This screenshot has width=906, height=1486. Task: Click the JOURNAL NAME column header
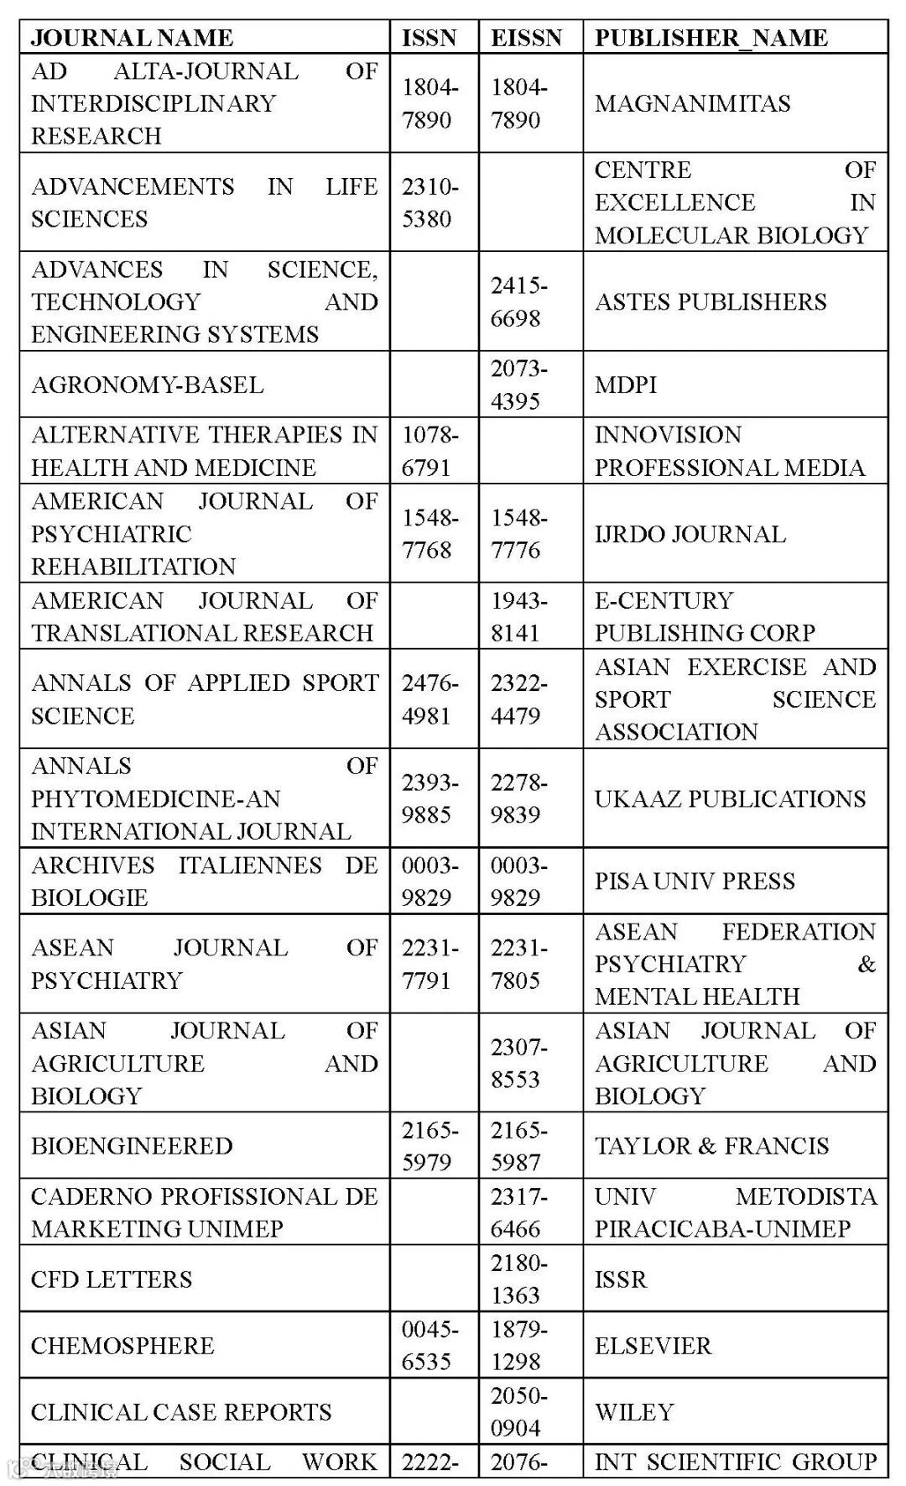132,38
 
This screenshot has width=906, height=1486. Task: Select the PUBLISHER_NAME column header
711,38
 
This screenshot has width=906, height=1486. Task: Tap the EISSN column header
526,38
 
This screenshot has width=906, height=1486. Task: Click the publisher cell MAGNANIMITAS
692,103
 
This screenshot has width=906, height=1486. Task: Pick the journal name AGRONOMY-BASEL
148,385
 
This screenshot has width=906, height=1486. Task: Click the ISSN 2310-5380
430,202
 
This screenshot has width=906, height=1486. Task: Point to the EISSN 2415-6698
518,301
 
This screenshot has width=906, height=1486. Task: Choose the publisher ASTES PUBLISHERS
711,301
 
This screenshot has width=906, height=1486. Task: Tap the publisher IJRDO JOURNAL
690,534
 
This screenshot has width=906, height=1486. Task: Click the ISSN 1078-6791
430,451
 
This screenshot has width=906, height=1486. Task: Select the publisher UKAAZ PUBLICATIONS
730,798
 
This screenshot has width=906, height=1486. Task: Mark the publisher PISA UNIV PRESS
695,881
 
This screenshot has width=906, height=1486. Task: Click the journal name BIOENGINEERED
132,1146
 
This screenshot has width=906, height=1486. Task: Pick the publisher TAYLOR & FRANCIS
711,1146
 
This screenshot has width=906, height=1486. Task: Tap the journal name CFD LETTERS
112,1279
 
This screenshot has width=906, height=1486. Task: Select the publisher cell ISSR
621,1279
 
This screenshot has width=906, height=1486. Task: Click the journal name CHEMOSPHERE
122,1345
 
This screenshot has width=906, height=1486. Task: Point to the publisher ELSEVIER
653,1345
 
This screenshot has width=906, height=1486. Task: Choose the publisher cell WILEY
634,1411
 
